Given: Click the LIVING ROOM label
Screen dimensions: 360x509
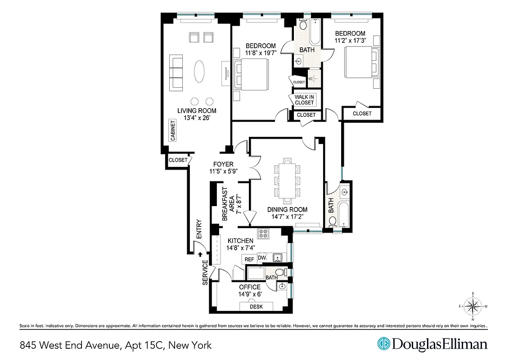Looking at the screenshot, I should point(196,111).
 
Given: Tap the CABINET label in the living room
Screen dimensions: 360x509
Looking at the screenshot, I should point(172,131).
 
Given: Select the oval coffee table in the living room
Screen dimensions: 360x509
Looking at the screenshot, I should point(201,72).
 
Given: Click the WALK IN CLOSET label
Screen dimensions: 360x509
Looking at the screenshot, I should point(304,99).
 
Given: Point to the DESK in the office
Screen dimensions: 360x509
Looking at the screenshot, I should point(257,306).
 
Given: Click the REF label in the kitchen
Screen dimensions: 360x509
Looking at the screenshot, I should point(248,259).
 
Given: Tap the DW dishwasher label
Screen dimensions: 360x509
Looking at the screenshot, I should point(262,258).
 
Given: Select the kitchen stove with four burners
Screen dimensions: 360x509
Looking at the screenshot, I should point(263,234).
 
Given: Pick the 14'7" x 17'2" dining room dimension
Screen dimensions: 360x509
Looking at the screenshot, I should point(287,216).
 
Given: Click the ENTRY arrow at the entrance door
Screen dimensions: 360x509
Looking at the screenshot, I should point(200,254).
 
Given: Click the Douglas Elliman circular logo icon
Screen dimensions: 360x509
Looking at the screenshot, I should point(383,344).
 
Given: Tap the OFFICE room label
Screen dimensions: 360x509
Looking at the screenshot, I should point(249,287).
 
